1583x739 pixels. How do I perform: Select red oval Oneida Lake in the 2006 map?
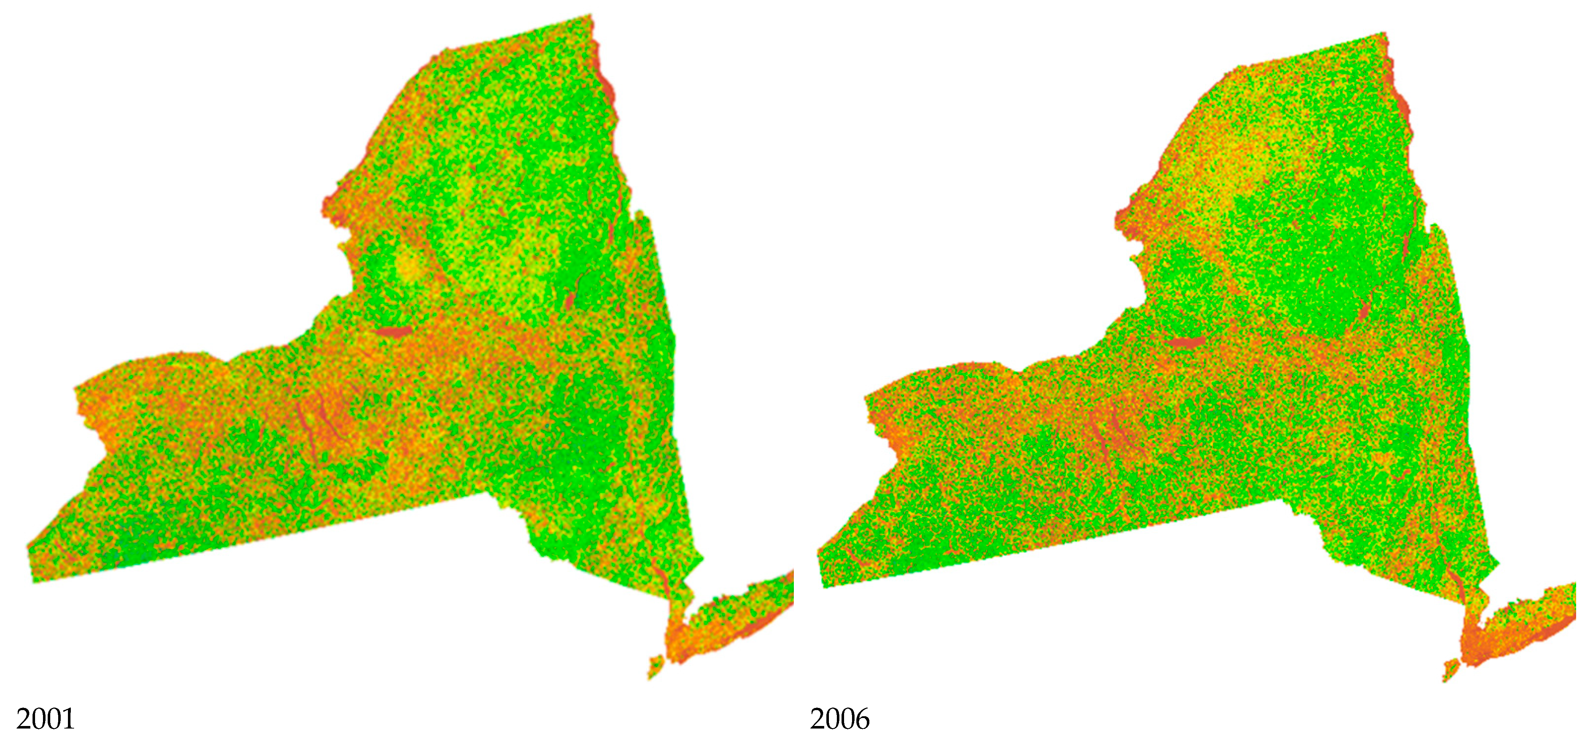click(x=1186, y=342)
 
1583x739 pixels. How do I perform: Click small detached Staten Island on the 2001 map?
click(x=655, y=666)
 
